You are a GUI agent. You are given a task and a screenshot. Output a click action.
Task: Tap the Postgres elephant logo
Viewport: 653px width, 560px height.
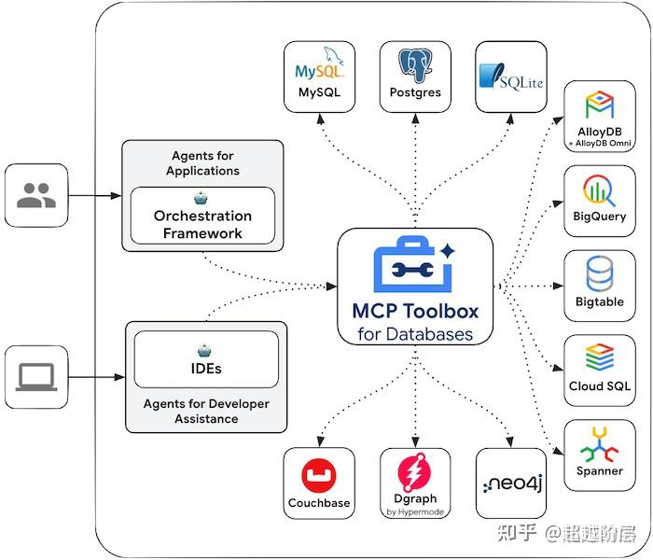[415, 65]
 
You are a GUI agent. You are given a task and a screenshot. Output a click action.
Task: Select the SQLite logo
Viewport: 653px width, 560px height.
[511, 77]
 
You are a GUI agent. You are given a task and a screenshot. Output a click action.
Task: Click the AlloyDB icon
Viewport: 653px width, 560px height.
[599, 105]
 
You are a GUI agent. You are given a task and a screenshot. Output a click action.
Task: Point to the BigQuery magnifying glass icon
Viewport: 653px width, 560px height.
[599, 190]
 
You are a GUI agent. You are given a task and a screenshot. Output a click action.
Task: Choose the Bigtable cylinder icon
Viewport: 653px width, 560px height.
[599, 273]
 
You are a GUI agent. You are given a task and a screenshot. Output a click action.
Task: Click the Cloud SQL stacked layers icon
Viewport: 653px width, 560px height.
[599, 357]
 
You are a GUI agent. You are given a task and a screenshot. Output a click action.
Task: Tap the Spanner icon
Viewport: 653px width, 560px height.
[599, 444]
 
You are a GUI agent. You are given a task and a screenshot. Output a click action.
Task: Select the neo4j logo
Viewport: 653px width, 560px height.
[512, 483]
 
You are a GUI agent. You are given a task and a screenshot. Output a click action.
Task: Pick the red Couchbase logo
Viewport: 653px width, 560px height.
[319, 475]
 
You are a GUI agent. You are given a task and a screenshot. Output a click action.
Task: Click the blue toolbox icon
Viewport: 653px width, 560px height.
[414, 264]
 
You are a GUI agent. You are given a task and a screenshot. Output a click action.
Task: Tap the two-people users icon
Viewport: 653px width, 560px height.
[36, 195]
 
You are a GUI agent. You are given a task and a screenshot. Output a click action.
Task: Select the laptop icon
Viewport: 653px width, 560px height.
[36, 377]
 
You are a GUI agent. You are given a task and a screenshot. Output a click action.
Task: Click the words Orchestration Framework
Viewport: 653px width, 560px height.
[202, 224]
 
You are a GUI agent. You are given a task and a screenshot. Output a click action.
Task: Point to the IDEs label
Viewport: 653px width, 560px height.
[206, 369]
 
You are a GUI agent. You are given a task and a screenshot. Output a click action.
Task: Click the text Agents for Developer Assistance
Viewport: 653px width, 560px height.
[206, 411]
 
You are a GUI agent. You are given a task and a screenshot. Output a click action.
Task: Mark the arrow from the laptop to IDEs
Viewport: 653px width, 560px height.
[97, 377]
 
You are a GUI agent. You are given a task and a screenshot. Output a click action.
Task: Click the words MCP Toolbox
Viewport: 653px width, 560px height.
[415, 311]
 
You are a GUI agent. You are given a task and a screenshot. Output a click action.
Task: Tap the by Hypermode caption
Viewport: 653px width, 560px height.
[415, 511]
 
